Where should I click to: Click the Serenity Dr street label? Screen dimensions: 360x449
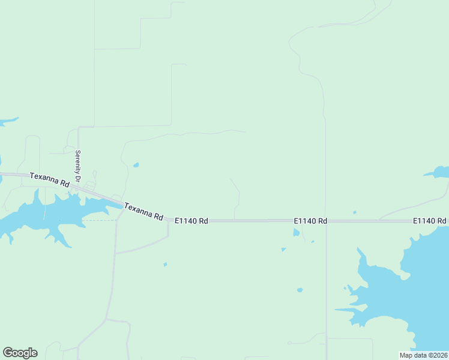(77, 162)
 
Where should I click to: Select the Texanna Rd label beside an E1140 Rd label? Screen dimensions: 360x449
(143, 211)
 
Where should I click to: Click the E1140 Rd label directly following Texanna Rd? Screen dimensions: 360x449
(191, 221)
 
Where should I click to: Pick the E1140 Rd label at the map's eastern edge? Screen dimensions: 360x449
(429, 221)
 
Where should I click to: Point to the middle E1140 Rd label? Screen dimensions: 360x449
(310, 221)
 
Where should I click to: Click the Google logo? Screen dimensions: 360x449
(20, 353)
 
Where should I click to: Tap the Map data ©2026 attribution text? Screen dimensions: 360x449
(424, 355)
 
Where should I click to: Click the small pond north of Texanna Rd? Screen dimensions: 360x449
(136, 165)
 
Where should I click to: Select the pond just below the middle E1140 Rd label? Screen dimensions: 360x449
(296, 233)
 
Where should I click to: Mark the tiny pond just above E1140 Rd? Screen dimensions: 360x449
(355, 212)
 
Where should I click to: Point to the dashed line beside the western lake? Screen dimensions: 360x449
(99, 220)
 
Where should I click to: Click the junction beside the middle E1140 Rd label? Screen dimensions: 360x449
(326, 221)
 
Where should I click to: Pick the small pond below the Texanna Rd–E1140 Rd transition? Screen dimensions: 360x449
(165, 264)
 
